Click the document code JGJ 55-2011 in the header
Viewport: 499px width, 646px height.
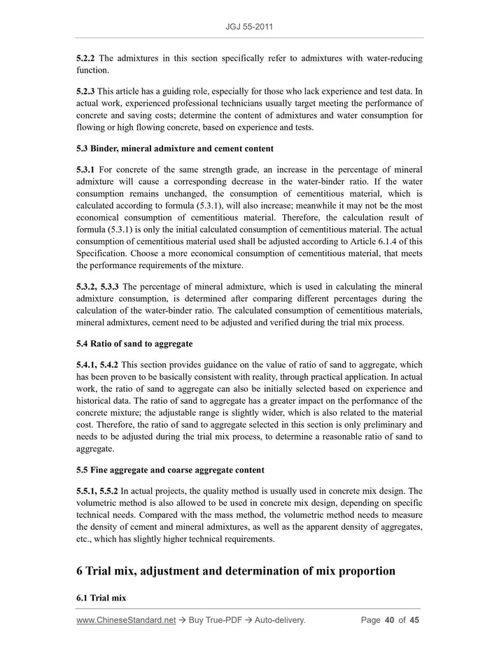pos(249,27)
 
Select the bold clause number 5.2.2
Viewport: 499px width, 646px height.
pos(88,58)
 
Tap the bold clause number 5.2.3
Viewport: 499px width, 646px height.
pos(88,91)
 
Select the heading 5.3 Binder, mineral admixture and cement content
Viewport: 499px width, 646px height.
pos(175,148)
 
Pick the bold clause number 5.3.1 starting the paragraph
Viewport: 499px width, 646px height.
pos(88,169)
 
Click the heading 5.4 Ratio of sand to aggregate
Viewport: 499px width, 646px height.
pos(134,344)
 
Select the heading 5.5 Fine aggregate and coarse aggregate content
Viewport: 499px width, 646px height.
pos(171,469)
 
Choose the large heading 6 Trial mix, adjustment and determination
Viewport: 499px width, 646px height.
pos(236,570)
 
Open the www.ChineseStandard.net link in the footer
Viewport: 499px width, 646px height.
pos(126,620)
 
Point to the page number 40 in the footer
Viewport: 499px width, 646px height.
pos(391,620)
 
